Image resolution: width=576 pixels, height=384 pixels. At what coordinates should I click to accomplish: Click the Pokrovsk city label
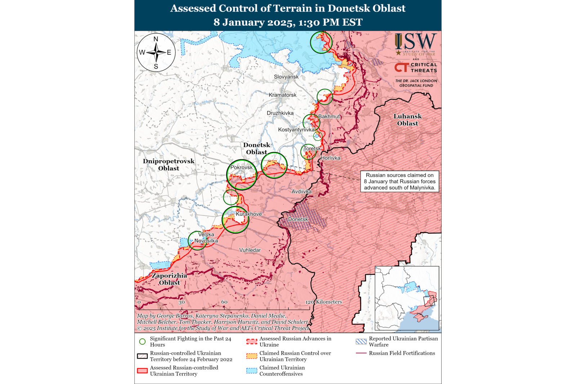coord(241,168)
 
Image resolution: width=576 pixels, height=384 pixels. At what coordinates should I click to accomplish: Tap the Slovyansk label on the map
coord(286,77)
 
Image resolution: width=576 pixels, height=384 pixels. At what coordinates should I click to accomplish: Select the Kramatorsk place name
coord(282,95)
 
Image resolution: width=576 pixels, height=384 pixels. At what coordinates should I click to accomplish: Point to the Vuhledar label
coord(250,250)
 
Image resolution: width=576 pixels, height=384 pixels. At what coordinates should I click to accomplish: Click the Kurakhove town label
coord(249,214)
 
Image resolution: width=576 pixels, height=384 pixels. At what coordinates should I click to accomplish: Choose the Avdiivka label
coord(302,192)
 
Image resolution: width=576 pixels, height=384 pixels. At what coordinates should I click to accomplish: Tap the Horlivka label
coord(330,158)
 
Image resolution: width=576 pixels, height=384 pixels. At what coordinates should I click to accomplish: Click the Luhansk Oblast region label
coord(407,120)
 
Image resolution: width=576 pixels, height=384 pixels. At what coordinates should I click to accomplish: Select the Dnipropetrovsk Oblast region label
coord(169,165)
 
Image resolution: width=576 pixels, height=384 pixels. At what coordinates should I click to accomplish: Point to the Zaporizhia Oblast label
coord(169,279)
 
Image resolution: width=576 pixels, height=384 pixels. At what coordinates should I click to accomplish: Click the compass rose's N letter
coord(156,39)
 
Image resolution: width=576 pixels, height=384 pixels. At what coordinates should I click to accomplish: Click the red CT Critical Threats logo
coord(401,67)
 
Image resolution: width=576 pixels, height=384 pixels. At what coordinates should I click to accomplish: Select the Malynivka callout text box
coord(399,182)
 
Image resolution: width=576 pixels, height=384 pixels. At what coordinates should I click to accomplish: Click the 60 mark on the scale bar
coord(224,302)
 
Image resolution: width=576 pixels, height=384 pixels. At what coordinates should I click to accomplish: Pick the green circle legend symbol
coord(143,341)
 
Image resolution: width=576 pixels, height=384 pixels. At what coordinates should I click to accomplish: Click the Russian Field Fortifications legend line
coord(361,353)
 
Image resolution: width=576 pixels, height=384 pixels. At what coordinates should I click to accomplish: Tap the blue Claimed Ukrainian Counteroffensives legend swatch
coord(252,371)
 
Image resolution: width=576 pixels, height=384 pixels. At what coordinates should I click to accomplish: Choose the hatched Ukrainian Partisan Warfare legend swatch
coord(361,341)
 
